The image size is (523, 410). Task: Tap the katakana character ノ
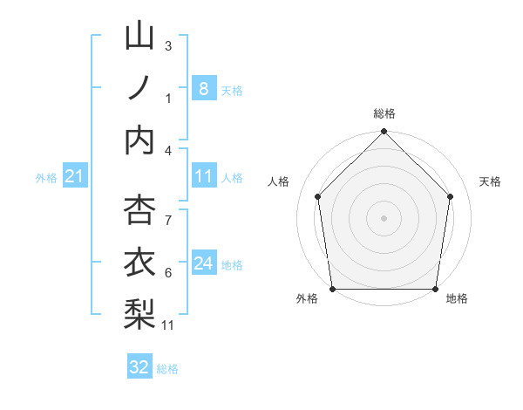tap(139, 88)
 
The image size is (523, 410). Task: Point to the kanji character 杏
tap(139, 211)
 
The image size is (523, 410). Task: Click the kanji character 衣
tap(139, 263)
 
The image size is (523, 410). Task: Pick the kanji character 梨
tap(139, 314)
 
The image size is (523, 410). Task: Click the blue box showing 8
tap(203, 88)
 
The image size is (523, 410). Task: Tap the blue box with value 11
tap(203, 176)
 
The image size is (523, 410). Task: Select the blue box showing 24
tap(203, 263)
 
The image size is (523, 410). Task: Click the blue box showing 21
tap(74, 177)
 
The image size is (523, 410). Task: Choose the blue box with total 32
tap(139, 367)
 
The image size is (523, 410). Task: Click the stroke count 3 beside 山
tap(168, 45)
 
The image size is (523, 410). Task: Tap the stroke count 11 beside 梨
tap(168, 325)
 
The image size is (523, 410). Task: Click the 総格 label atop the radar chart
tap(384, 114)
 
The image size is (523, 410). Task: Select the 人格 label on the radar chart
tap(279, 181)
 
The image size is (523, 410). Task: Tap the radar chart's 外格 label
tap(307, 298)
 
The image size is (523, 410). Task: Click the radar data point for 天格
tap(451, 196)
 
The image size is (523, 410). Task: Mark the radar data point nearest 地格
tap(436, 289)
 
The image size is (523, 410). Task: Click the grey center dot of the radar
tap(384, 217)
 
